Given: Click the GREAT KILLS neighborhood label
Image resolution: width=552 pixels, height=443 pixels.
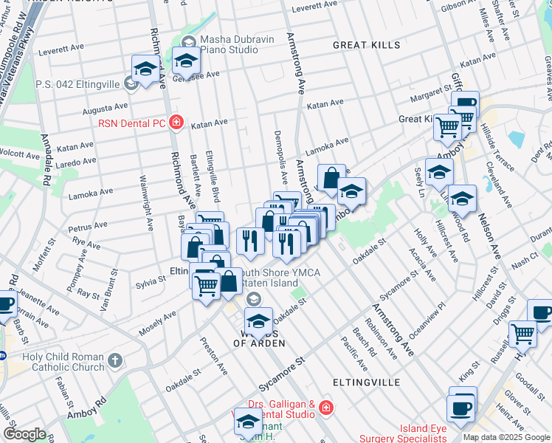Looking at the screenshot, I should pos(366,45).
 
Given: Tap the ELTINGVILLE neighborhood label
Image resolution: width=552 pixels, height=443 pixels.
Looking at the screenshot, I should pos(366,382).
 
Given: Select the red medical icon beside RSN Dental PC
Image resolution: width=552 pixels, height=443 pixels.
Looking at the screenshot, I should pos(176,122).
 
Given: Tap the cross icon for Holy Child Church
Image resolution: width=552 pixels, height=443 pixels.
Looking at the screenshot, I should pos(114,360).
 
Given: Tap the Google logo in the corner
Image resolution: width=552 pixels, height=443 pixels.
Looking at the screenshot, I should pos(24,433).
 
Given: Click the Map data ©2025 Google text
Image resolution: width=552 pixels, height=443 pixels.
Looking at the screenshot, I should pos(506,437).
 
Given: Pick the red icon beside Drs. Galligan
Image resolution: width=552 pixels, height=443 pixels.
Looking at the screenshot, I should pos(325,407).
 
